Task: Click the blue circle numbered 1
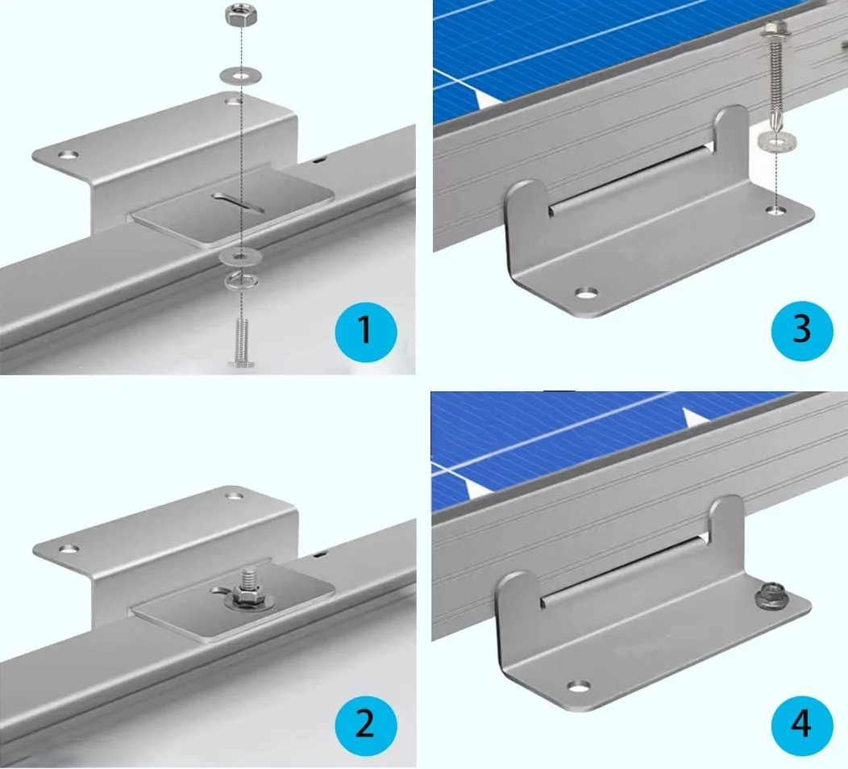[366, 332]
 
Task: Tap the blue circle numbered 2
[366, 725]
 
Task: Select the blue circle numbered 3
[802, 330]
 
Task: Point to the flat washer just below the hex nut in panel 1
[241, 74]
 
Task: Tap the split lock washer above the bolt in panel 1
[241, 281]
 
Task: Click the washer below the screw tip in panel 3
[775, 141]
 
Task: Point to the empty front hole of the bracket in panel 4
[580, 687]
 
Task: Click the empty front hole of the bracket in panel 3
[586, 293]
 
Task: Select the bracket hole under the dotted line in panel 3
[778, 208]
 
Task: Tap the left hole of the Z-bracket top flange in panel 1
[69, 155]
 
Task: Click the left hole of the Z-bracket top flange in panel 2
[69, 550]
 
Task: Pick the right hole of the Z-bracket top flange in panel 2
[235, 495]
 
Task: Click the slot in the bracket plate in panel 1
[238, 202]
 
